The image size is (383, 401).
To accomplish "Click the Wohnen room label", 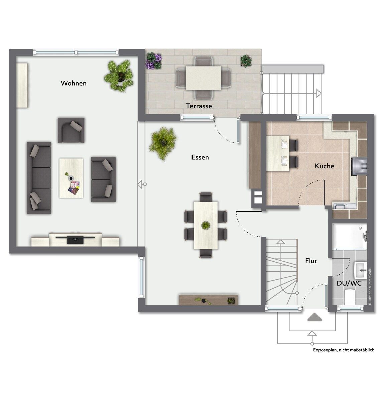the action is click(74, 83).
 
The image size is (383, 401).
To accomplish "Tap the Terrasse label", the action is click(199, 106).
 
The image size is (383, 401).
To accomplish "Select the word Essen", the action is click(200, 157).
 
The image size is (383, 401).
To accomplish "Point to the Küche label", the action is click(325, 166).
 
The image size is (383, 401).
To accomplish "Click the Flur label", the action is click(311, 261).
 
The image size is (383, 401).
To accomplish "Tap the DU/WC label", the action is click(349, 283).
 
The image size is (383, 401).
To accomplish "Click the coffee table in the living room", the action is click(71, 178).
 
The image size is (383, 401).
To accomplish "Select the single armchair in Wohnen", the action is click(71, 130).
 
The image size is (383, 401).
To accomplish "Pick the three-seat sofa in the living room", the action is click(39, 178).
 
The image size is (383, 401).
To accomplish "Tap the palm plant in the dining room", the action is click(163, 143).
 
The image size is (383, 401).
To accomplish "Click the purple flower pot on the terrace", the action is click(154, 61).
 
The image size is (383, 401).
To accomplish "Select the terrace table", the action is click(203, 78).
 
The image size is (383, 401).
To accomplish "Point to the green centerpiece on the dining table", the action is click(206, 225).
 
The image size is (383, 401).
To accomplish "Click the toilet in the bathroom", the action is click(350, 297).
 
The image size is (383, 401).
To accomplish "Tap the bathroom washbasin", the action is click(360, 270).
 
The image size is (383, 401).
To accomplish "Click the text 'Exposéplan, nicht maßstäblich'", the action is click(344, 350).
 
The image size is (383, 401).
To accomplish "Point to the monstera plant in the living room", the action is click(119, 76).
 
